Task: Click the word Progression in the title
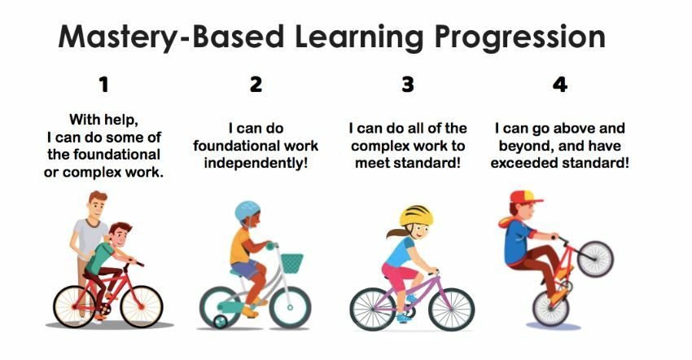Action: (x=520, y=37)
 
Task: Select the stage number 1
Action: (x=104, y=85)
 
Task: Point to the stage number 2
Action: (x=256, y=85)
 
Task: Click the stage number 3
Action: (x=408, y=85)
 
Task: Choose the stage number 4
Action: (x=560, y=85)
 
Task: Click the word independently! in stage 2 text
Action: (x=256, y=164)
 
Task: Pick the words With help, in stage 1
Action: (x=103, y=120)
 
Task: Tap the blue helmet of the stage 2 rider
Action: (x=247, y=211)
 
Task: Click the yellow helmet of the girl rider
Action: (x=416, y=216)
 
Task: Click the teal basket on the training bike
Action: (x=292, y=263)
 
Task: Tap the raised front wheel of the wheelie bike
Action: (x=595, y=259)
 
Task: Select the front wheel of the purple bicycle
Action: (x=452, y=310)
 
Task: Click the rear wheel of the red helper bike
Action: (x=74, y=306)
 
